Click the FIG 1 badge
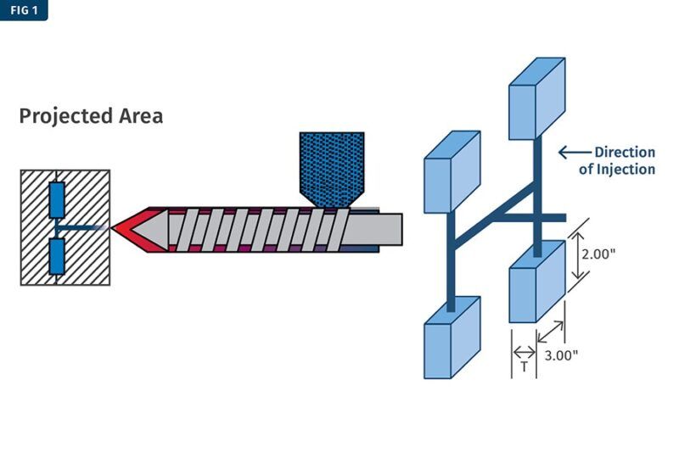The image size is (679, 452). point(23,10)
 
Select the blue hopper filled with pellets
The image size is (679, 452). point(332,166)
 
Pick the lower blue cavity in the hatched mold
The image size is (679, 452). point(57,256)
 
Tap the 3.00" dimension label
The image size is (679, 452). point(561,355)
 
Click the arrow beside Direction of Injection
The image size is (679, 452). point(575,153)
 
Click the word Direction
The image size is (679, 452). point(625,153)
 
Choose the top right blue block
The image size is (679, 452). point(536,98)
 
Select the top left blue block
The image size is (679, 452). point(452,171)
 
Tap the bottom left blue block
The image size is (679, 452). point(452,337)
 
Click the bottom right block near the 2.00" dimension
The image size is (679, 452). point(536,282)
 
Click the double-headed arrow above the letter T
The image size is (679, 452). point(524,352)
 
